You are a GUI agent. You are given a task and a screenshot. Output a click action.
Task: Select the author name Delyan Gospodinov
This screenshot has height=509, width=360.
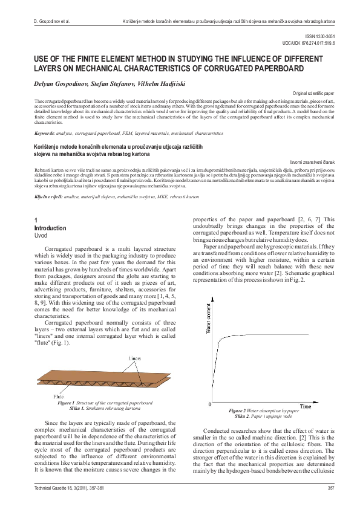point(59,81)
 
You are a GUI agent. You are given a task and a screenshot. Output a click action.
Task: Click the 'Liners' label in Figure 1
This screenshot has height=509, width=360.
point(135,358)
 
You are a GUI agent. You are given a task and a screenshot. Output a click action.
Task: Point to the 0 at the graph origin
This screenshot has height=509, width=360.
point(210,403)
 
